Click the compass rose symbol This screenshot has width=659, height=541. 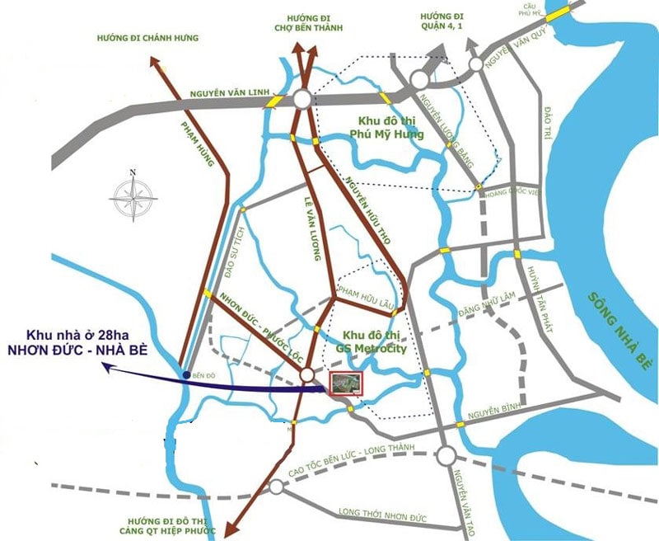[133, 195]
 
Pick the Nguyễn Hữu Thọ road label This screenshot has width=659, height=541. [367, 211]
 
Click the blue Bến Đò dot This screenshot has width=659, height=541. [187, 375]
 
